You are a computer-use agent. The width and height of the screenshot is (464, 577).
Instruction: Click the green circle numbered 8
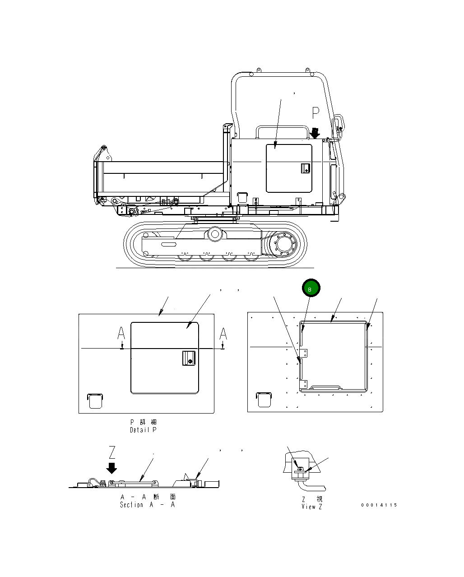(x=310, y=288)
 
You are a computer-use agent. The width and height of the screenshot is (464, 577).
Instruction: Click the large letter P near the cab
(x=316, y=113)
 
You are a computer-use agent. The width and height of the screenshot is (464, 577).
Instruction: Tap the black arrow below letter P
(x=316, y=132)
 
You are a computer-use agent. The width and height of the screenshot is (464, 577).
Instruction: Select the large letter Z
(x=112, y=452)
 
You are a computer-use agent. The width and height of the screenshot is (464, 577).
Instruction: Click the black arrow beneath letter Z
(x=111, y=468)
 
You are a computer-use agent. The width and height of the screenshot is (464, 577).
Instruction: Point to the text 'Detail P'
(x=143, y=430)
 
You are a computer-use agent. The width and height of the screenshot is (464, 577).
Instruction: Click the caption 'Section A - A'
(x=147, y=505)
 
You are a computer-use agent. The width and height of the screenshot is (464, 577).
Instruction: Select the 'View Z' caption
(x=312, y=507)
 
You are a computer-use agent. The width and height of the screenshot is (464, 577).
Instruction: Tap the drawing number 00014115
(x=379, y=505)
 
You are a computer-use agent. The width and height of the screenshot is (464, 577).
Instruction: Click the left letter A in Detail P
(x=121, y=334)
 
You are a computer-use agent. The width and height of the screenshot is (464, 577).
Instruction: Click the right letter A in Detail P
(x=223, y=334)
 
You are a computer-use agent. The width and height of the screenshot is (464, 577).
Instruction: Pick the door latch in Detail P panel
(x=188, y=358)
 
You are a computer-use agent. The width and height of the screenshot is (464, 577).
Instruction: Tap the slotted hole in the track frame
(x=169, y=244)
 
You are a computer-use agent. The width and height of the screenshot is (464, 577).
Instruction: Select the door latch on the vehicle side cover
(x=305, y=168)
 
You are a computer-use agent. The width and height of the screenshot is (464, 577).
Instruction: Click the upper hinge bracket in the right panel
(x=304, y=354)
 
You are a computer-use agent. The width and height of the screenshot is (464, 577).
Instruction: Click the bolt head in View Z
(x=300, y=469)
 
